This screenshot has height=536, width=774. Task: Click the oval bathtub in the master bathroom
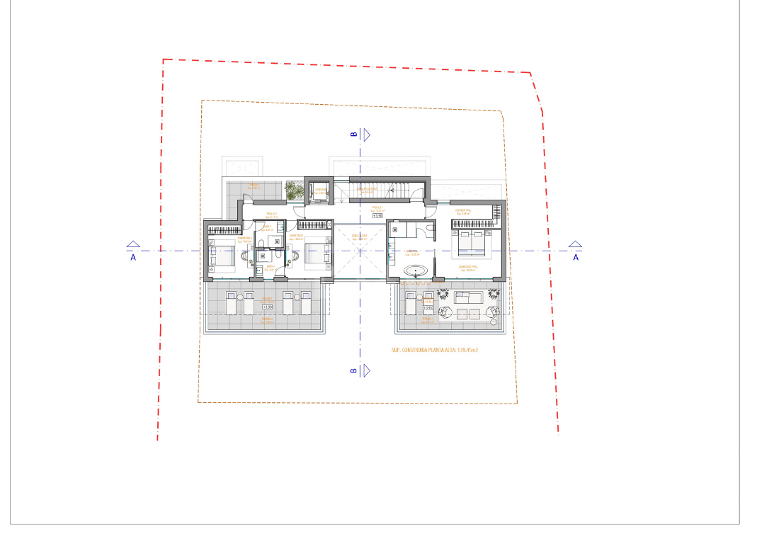pyautogui.click(x=416, y=270)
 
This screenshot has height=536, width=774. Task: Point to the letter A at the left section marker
pyautogui.click(x=133, y=258)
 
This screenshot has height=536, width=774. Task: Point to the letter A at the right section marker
pyautogui.click(x=576, y=258)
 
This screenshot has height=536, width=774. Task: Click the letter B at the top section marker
pyautogui.click(x=353, y=134)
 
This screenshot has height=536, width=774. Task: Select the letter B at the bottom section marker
pyautogui.click(x=353, y=370)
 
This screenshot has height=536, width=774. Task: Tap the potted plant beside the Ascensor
pyautogui.click(x=295, y=190)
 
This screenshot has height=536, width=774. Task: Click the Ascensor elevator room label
pyautogui.click(x=321, y=190)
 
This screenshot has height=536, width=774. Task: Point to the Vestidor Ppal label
pyautogui.click(x=465, y=212)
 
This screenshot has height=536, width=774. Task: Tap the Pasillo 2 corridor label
pyautogui.click(x=271, y=215)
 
